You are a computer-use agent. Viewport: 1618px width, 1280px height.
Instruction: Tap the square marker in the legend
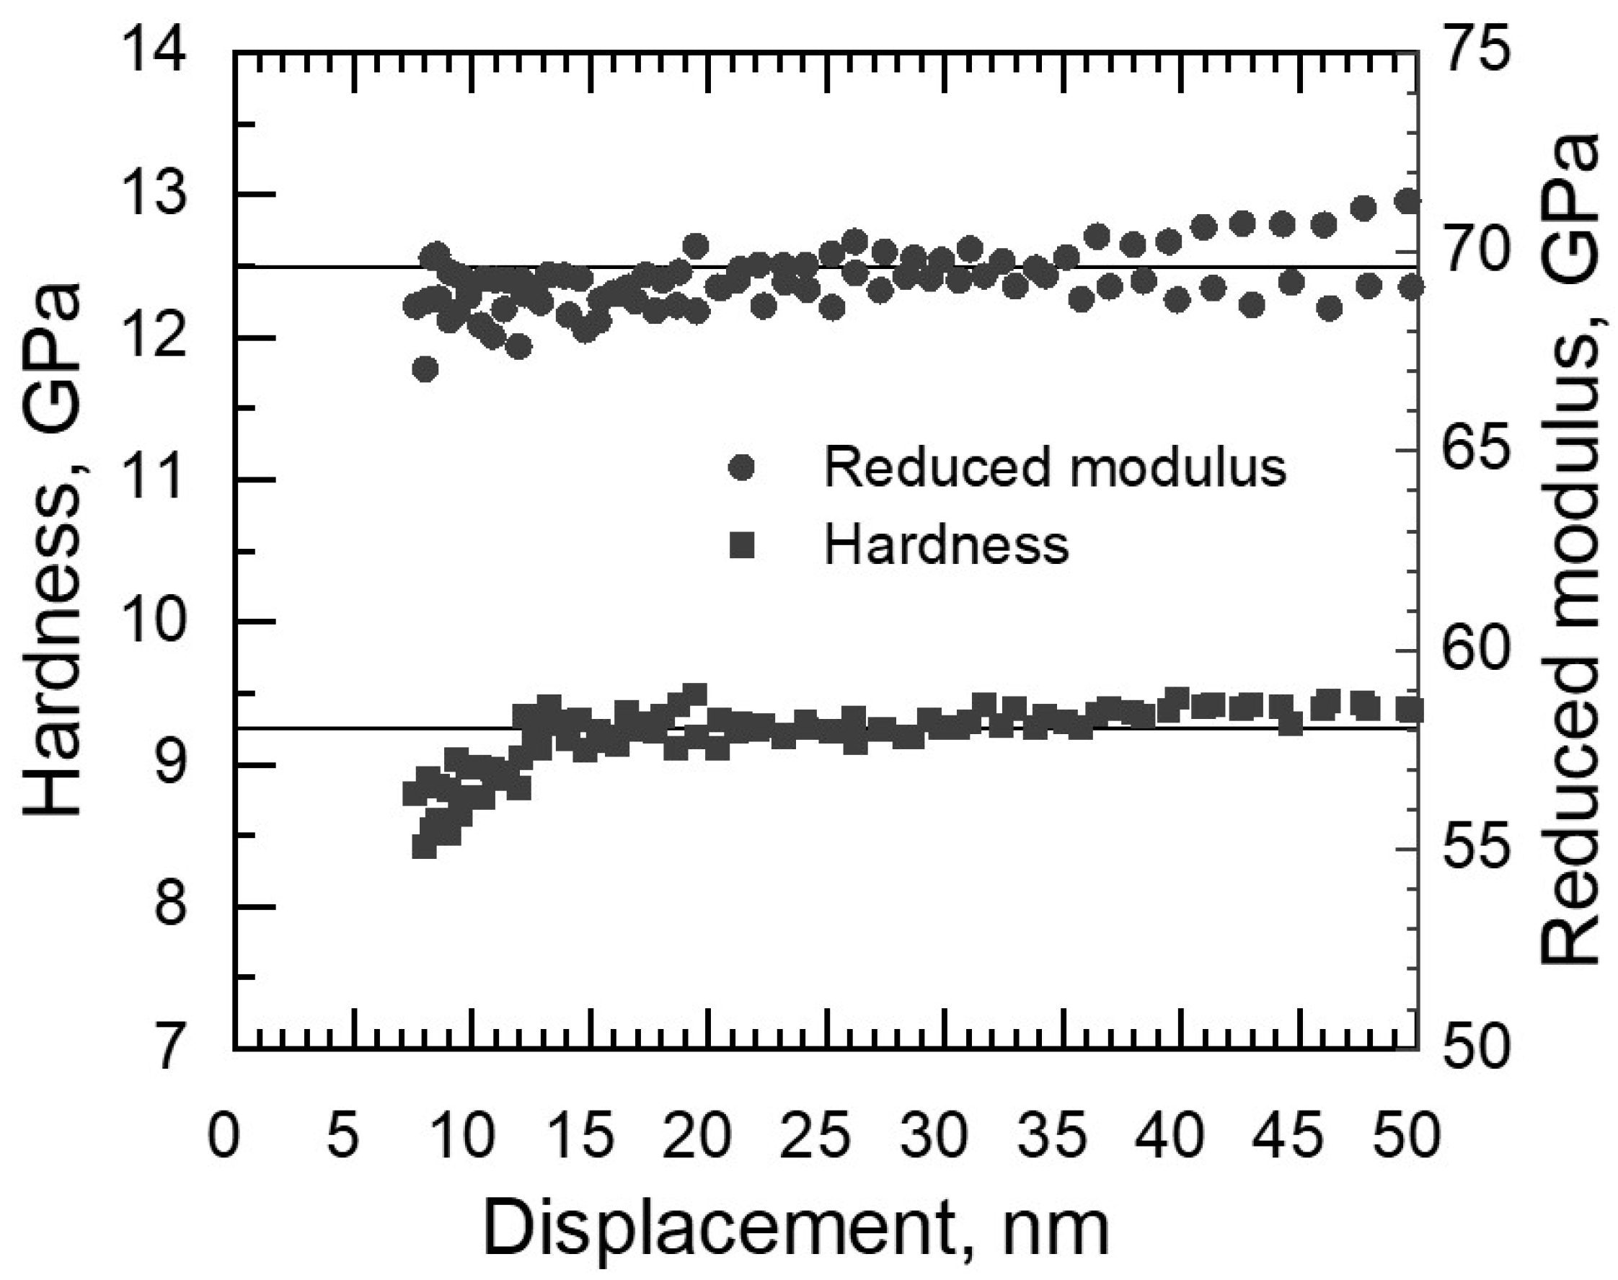(x=742, y=546)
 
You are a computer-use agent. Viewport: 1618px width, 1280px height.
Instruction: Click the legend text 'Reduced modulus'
(x=1055, y=466)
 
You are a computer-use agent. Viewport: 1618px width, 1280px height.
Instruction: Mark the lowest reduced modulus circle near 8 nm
(x=425, y=368)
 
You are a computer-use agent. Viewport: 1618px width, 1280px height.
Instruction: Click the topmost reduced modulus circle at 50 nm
(x=1409, y=202)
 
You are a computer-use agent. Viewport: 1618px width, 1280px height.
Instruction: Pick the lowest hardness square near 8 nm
(x=424, y=846)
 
